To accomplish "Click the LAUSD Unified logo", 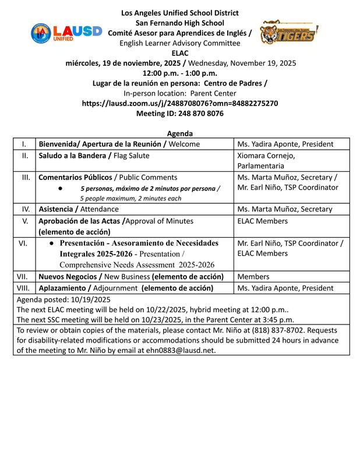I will tap(66, 33).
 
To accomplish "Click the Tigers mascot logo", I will tap(289, 33).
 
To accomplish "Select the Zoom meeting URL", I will tap(179, 103).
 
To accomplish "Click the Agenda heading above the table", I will tap(179, 133).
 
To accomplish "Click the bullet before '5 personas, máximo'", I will tap(61, 188).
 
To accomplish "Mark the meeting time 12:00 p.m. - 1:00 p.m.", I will tap(179, 73).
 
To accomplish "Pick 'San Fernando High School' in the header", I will tap(179, 22).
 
